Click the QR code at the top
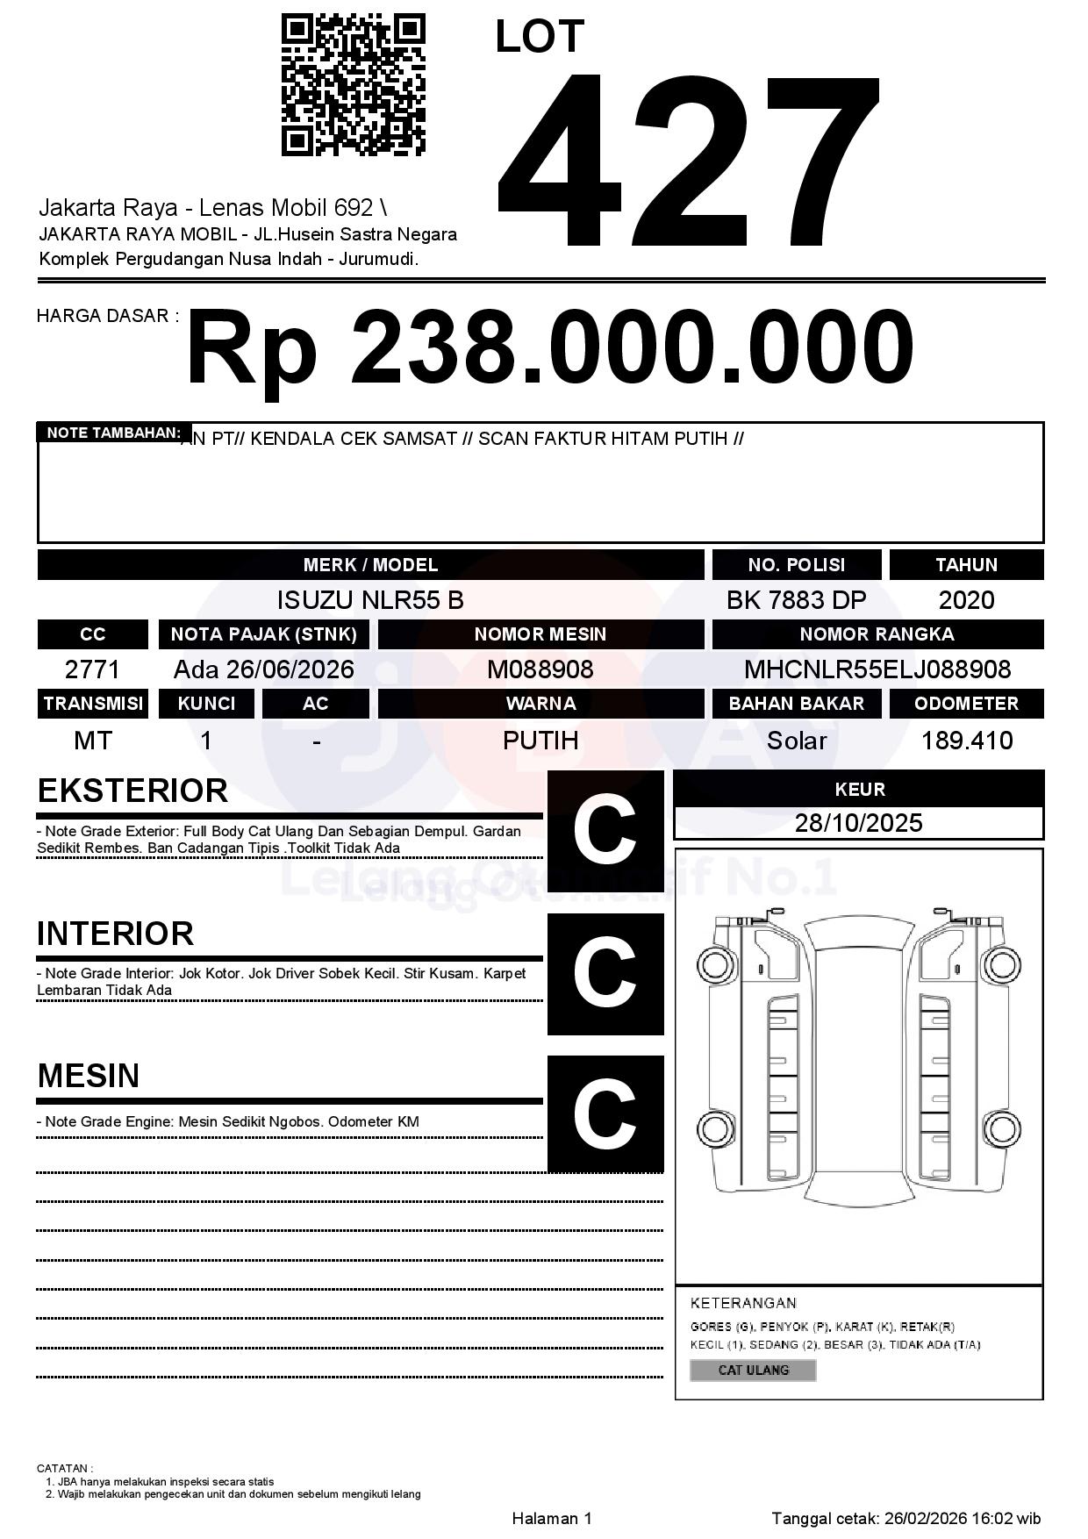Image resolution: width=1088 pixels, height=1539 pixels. point(353,85)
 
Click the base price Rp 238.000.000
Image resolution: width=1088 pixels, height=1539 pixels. point(549,348)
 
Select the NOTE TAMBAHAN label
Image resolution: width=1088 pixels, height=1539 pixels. point(113,433)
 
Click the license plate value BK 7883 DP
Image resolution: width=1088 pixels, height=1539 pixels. point(796,600)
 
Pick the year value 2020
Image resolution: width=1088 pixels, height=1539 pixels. point(966,600)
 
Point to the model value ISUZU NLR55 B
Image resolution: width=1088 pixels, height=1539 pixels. point(370,600)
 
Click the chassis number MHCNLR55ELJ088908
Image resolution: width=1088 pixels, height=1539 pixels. point(877,669)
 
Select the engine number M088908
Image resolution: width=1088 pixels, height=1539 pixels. point(540,669)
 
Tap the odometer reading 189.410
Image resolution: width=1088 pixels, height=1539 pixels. point(967,741)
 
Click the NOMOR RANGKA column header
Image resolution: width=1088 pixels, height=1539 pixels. point(877,634)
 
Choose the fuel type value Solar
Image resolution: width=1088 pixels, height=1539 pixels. point(796,741)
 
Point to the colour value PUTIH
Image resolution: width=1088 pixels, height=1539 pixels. point(540,741)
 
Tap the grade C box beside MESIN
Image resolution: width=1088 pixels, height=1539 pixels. point(605,1113)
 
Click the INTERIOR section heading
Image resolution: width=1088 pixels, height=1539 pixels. point(115,934)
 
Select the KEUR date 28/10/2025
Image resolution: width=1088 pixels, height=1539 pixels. point(858,823)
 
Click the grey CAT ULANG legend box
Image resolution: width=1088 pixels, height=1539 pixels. point(753,1370)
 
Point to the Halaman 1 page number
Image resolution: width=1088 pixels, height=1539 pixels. point(552,1518)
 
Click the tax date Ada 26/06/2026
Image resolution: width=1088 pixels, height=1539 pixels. point(263,669)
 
